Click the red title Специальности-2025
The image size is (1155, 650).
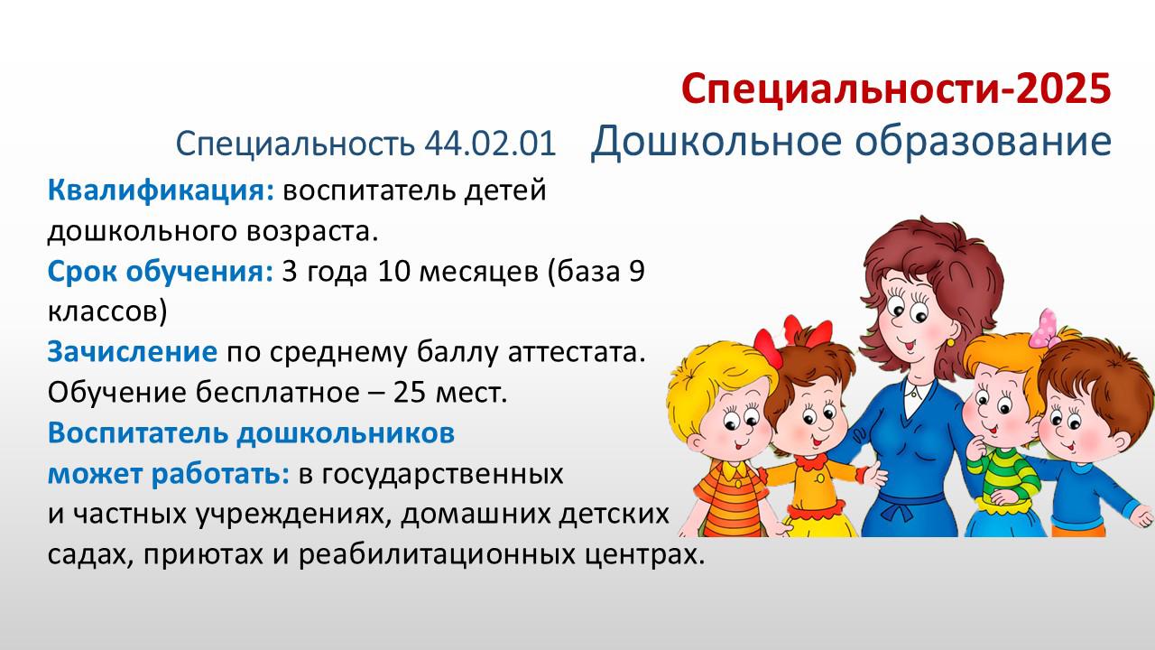pos(896,88)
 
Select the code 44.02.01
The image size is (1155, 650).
pos(490,144)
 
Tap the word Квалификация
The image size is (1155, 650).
pos(162,190)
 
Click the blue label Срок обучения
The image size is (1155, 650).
pos(161,272)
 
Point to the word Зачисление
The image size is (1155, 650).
pos(133,352)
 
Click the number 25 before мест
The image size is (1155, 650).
pos(411,393)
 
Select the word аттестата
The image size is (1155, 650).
pos(577,352)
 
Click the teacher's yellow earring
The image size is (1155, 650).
pos(950,341)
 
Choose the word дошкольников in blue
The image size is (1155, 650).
pos(346,432)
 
